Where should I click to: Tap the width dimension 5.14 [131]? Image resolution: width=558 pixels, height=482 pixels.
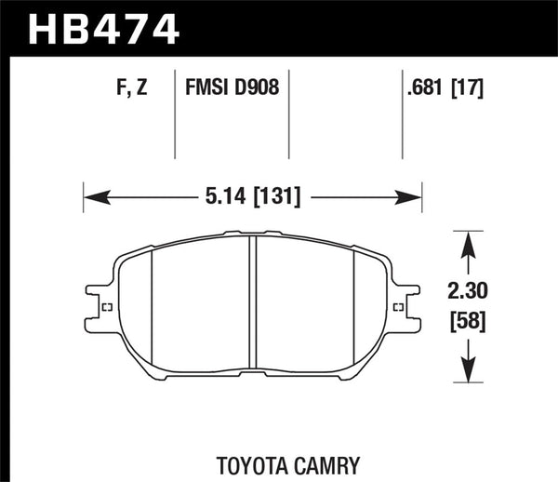[x=253, y=197]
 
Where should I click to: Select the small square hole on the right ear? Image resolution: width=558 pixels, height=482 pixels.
[x=401, y=308]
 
